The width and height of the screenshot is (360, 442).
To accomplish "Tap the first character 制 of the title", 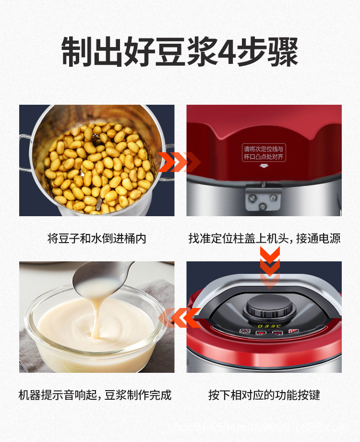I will tap(76, 51).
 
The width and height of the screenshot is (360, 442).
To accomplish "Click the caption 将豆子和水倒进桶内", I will tap(96, 238).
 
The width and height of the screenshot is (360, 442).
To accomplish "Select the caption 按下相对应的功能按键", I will tap(264, 395).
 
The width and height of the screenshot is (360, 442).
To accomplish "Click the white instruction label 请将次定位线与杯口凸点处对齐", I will tap(264, 152).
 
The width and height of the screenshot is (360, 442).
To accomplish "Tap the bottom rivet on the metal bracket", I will tap(264, 207).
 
